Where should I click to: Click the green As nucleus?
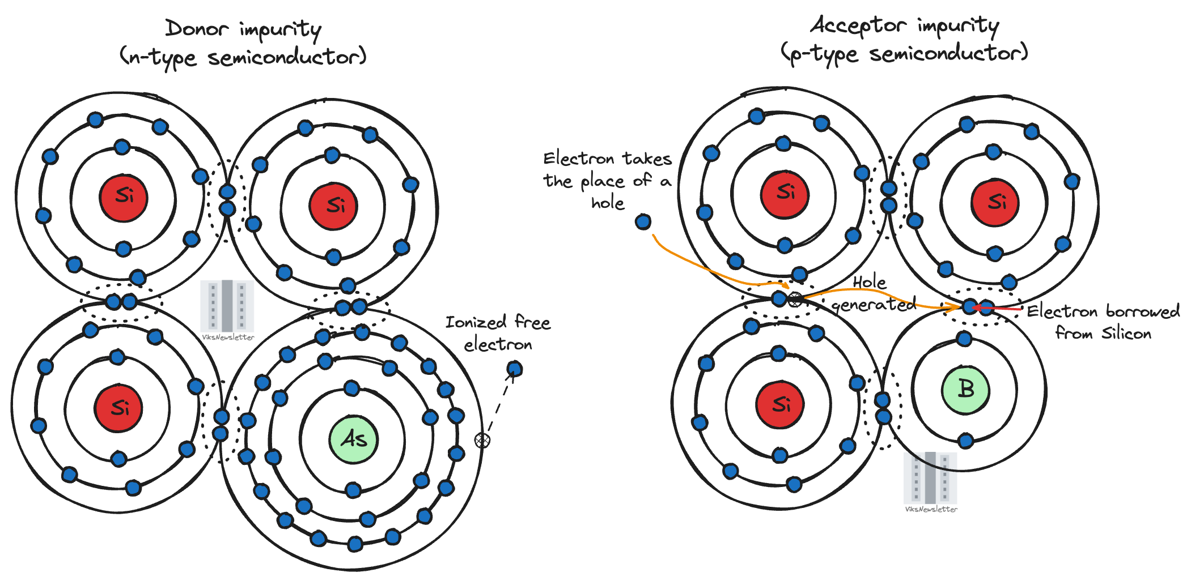click(353, 439)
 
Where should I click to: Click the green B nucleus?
click(965, 390)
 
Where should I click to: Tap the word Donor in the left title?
click(197, 28)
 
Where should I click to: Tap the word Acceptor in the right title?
click(858, 25)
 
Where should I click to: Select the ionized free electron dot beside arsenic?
click(514, 369)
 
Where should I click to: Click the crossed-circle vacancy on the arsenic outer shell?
click(482, 440)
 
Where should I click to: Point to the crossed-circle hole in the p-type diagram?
click(795, 299)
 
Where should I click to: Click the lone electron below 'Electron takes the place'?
click(643, 221)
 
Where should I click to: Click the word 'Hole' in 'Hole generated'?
click(869, 282)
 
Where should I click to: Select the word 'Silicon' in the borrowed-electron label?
click(1126, 334)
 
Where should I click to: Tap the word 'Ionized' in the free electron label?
click(475, 323)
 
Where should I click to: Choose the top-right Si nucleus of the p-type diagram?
click(995, 203)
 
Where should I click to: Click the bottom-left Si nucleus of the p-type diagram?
click(780, 405)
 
